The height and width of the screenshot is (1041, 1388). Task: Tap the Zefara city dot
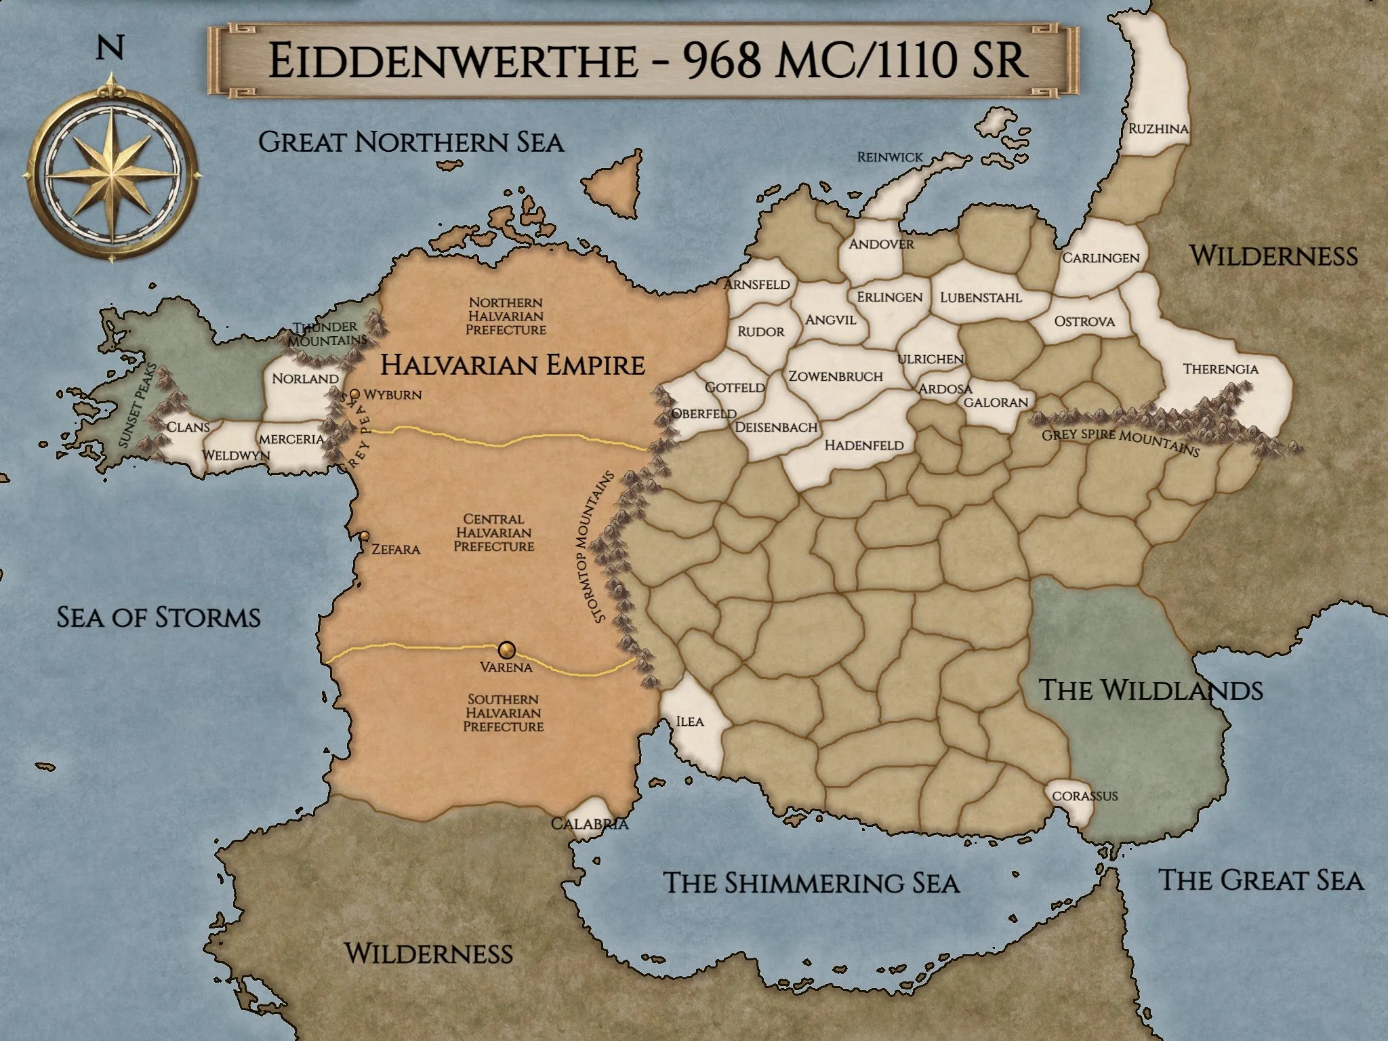pyautogui.click(x=365, y=536)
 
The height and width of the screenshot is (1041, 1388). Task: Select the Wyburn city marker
pyautogui.click(x=354, y=394)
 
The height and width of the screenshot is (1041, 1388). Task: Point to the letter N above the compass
pyautogui.click(x=110, y=48)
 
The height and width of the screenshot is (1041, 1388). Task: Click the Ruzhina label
pyautogui.click(x=1158, y=128)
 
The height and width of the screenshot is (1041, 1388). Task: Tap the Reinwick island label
pyautogui.click(x=890, y=157)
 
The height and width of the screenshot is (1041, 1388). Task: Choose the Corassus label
pyautogui.click(x=1084, y=796)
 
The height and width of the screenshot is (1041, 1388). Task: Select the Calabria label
pyautogui.click(x=590, y=824)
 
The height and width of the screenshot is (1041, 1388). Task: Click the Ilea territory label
pyautogui.click(x=690, y=721)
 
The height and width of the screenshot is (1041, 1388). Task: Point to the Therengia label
pyautogui.click(x=1221, y=369)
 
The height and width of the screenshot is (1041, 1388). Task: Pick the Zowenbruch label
pyautogui.click(x=836, y=376)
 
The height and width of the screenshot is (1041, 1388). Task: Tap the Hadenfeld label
pyautogui.click(x=864, y=445)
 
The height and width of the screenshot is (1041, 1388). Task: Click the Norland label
pyautogui.click(x=305, y=378)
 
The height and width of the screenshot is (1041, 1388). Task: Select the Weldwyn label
pyautogui.click(x=237, y=455)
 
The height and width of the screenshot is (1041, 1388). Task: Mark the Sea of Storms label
pyautogui.click(x=159, y=617)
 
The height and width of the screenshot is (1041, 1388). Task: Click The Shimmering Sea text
pyautogui.click(x=811, y=883)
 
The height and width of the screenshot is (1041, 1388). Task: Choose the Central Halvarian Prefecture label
pyautogui.click(x=493, y=533)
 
